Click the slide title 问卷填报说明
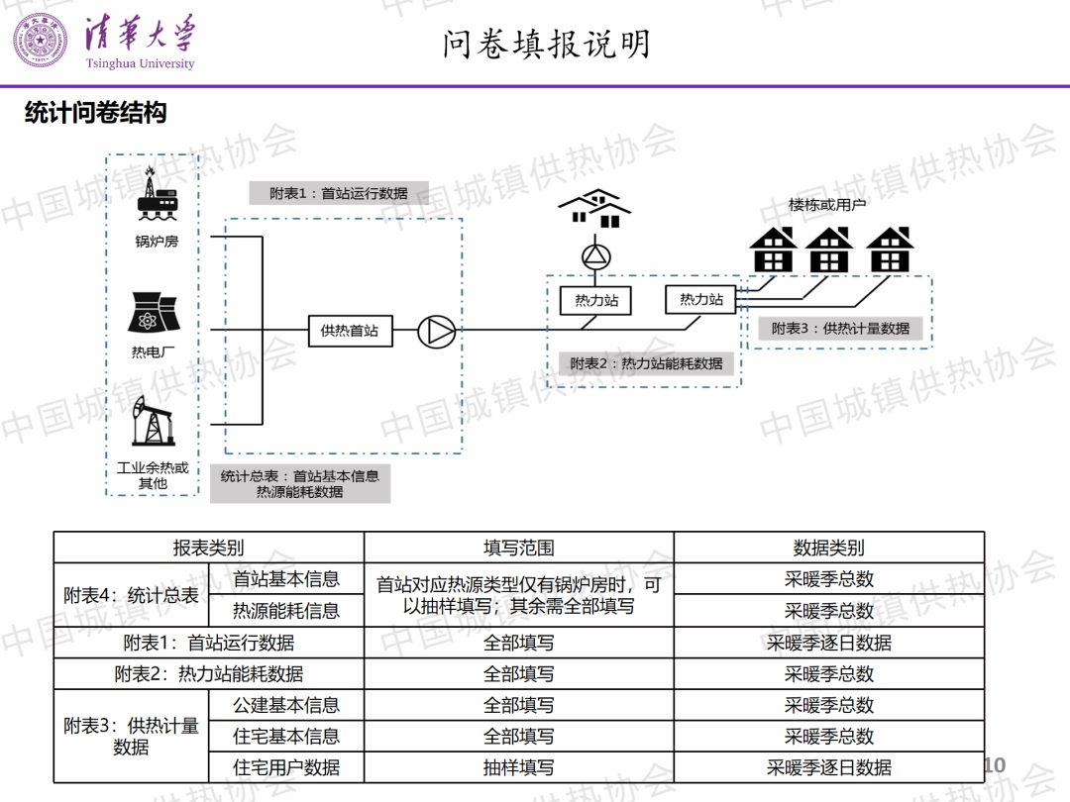547,44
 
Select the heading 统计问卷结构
95,113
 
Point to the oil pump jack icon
153,422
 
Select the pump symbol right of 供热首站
435,332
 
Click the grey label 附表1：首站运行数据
339,193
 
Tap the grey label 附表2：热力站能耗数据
646,363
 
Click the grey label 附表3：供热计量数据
840,328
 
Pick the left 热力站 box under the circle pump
596,300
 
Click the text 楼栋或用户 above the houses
827,205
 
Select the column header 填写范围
518,548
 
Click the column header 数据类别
828,548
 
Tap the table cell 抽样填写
518,767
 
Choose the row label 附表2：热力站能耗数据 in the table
208,674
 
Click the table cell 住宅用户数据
286,767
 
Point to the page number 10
994,764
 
